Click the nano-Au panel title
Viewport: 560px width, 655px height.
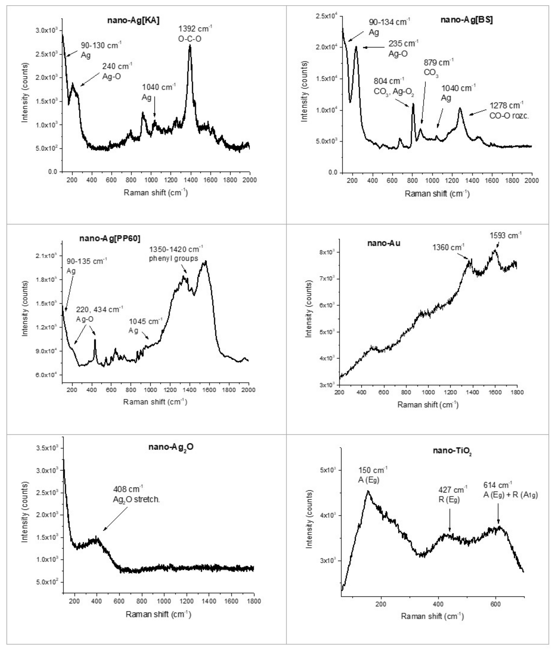tap(383, 243)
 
